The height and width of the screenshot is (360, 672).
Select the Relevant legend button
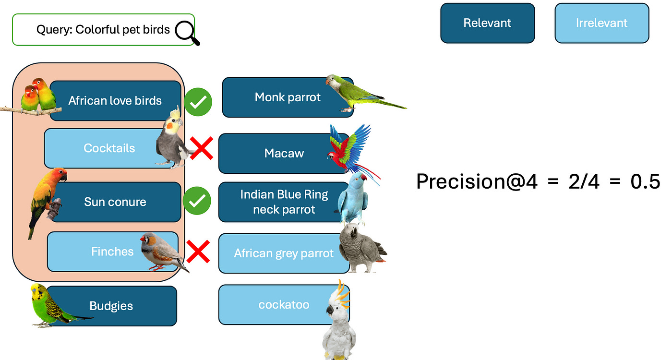tap(487, 23)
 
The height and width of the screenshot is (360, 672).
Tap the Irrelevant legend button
tap(601, 23)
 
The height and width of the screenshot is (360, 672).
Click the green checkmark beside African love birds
tap(198, 102)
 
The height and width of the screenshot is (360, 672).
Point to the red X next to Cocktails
tap(201, 148)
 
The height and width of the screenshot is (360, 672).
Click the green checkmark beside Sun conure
tap(197, 202)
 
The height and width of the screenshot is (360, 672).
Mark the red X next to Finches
tap(198, 252)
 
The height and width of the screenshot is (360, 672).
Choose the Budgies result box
tap(111, 306)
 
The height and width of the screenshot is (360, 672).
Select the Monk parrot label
tap(288, 97)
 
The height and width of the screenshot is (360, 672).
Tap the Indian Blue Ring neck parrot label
tap(284, 202)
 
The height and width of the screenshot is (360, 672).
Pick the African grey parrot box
tap(284, 253)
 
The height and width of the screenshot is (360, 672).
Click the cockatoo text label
tap(284, 304)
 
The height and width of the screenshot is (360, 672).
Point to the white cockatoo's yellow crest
tap(342, 293)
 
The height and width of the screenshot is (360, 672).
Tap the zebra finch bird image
tap(161, 251)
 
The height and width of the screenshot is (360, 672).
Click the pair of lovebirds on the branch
tap(37, 96)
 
